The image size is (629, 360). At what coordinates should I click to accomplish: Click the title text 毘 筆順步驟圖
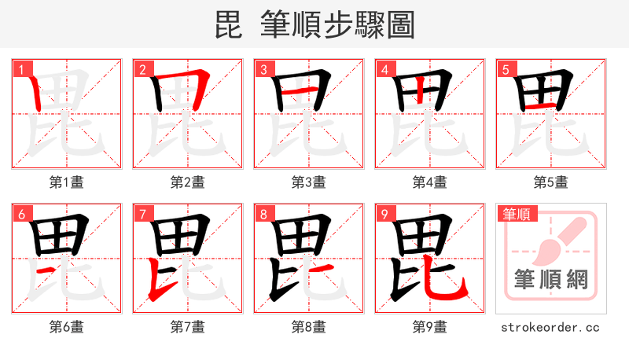click(314, 24)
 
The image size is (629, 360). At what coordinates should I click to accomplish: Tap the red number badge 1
click(20, 70)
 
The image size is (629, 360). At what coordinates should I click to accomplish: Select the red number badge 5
click(505, 70)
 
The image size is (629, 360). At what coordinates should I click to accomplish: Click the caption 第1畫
click(67, 182)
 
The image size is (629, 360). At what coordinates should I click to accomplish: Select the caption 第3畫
click(309, 182)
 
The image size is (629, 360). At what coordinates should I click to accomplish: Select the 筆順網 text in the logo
click(551, 279)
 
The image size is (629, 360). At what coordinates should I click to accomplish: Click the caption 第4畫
click(430, 182)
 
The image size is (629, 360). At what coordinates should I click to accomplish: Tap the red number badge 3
click(263, 70)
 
